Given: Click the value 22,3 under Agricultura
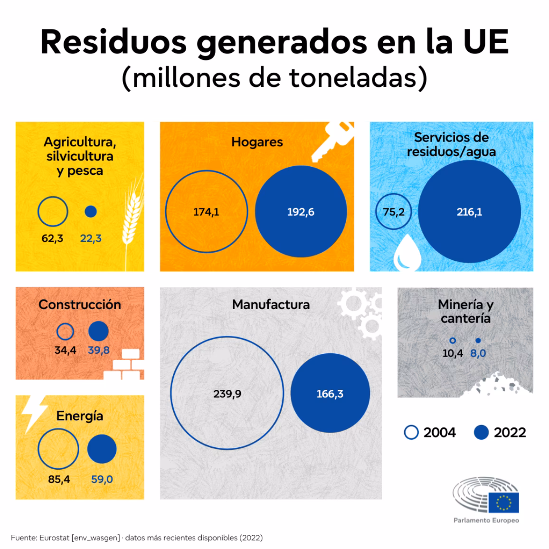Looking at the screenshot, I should pyautogui.click(x=90, y=238).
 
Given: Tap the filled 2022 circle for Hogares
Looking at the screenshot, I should pyautogui.click(x=301, y=212).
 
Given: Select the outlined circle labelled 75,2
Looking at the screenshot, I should pyautogui.click(x=394, y=212).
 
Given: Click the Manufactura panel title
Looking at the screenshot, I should pyautogui.click(x=271, y=304).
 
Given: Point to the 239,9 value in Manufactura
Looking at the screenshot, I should pyautogui.click(x=227, y=394).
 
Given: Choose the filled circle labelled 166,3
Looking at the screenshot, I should pyautogui.click(x=330, y=394).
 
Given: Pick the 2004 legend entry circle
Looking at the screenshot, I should pyautogui.click(x=411, y=433).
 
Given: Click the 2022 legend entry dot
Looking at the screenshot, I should pyautogui.click(x=481, y=433).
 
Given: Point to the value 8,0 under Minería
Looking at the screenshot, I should pyautogui.click(x=478, y=353).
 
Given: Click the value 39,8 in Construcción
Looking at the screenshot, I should pyautogui.click(x=99, y=350).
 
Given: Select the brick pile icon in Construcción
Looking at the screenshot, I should pyautogui.click(x=124, y=366).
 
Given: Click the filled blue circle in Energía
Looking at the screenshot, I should pyautogui.click(x=102, y=449).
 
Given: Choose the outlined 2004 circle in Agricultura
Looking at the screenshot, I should pyautogui.click(x=53, y=211).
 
